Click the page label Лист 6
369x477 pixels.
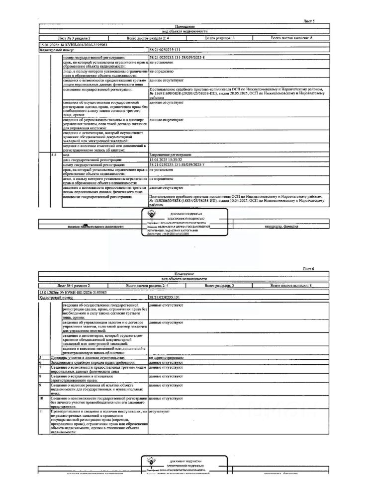tap(309, 269)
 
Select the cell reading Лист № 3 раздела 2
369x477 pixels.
tap(74, 38)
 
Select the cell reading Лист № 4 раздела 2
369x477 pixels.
tap(74, 286)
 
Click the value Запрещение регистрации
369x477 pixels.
tap(167, 156)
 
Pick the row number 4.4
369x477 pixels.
tap(54, 156)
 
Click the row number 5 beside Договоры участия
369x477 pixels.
tap(40, 358)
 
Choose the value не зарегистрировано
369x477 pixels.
tap(166, 358)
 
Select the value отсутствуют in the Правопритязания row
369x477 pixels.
tap(159, 411)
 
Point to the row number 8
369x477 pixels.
tap(40, 376)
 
